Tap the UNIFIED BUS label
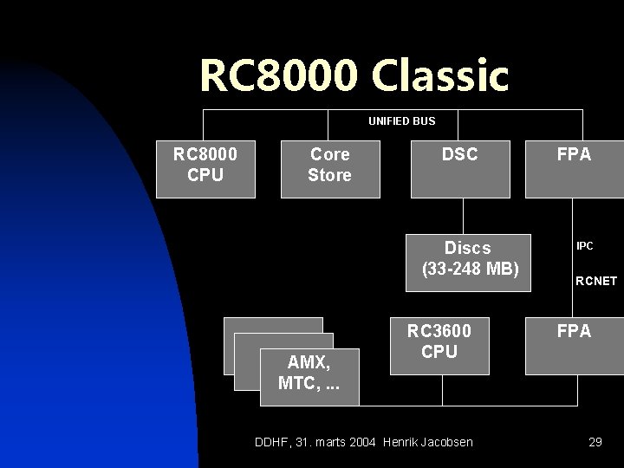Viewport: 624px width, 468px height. pos(401,120)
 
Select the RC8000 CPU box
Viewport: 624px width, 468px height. pos(205,165)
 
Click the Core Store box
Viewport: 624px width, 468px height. pos(329,165)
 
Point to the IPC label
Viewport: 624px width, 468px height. pos(585,246)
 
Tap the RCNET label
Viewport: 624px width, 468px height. pos(596,281)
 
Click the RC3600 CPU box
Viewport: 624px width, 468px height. pos(439,341)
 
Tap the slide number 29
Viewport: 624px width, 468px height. pos(595,442)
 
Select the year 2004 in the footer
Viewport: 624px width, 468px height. pos(362,442)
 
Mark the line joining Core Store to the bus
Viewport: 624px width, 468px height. pos(329,124)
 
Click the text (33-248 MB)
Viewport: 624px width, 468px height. pos(470,269)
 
